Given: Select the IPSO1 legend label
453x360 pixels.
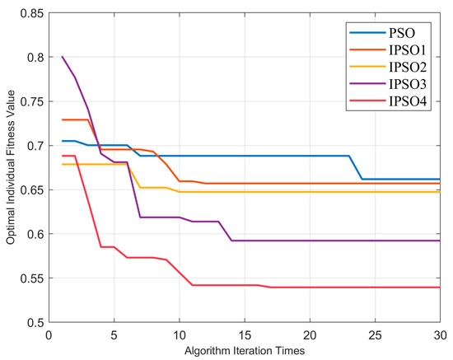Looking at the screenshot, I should point(405,51).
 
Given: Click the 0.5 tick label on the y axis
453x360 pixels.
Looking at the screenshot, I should point(30,322).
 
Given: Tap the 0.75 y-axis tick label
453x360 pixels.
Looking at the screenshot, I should point(27,101).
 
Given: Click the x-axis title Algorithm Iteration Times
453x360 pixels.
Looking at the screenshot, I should point(244,350).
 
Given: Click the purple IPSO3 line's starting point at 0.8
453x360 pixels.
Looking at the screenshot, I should point(62,57).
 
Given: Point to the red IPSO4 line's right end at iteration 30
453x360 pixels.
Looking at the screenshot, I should point(440,287).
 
